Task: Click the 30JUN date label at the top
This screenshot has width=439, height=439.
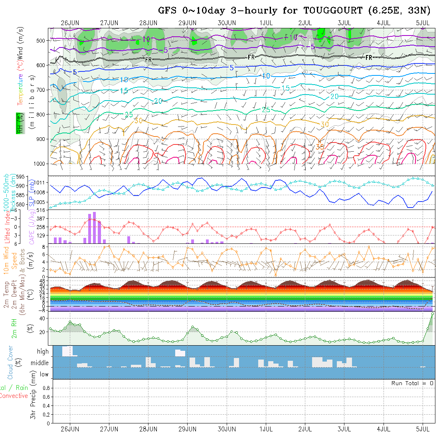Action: (227, 23)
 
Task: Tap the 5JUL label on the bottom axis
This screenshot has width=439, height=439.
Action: (423, 429)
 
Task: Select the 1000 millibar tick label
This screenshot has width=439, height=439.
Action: (41, 164)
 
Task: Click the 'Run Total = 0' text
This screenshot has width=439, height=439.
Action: (412, 383)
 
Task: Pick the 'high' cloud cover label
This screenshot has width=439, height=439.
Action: (43, 352)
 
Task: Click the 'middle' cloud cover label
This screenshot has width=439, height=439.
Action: (40, 363)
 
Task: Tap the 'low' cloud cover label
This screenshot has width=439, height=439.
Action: (44, 374)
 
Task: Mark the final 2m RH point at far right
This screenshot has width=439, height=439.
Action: (433, 314)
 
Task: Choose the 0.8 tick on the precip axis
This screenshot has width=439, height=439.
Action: (46, 388)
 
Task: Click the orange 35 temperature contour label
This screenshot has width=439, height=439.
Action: (320, 147)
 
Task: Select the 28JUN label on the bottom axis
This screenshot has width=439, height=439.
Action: (148, 429)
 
